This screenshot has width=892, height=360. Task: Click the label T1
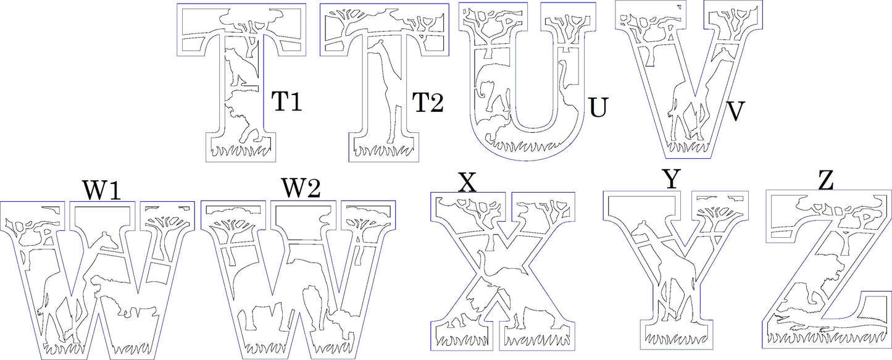[287, 102]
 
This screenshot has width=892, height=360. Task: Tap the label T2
[428, 103]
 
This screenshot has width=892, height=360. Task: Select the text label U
[599, 107]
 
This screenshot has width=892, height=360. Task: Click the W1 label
[101, 190]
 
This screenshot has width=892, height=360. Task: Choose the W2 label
[301, 188]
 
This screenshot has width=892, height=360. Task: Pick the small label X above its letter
[469, 183]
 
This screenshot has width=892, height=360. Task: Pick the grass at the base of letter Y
[675, 339]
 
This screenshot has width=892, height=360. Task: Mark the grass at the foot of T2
[383, 151]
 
